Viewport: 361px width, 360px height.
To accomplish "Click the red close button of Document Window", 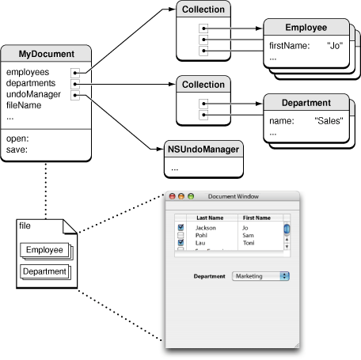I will (x=171, y=196).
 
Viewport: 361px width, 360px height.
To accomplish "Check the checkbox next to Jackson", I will (x=180, y=228).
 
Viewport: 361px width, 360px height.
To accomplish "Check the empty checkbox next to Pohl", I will (x=180, y=235).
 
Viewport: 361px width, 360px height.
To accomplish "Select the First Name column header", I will (x=256, y=218).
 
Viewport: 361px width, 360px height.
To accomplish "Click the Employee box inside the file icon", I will (x=44, y=251).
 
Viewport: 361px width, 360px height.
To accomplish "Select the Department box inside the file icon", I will (x=44, y=271).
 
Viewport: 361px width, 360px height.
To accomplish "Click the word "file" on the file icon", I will (x=25, y=225).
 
